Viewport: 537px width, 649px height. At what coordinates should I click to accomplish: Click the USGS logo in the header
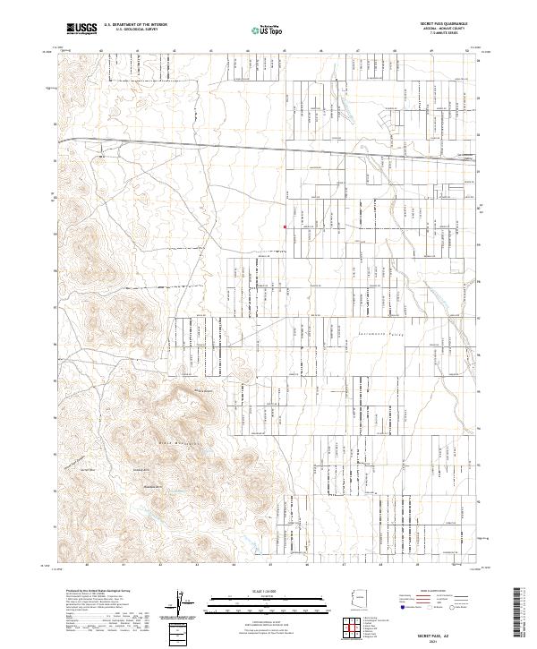(x=81, y=29)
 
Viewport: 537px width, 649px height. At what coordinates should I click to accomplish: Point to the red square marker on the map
(x=285, y=226)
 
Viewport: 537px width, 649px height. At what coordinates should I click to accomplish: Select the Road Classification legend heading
(x=436, y=592)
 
